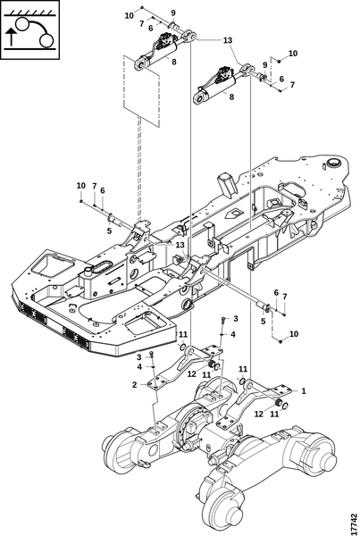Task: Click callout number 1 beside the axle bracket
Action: pyautogui.click(x=303, y=390)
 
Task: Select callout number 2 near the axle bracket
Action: pyautogui.click(x=134, y=385)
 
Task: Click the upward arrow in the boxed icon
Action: pyautogui.click(x=12, y=37)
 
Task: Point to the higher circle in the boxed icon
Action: pyautogui.click(x=21, y=25)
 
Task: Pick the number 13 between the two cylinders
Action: pyautogui.click(x=228, y=40)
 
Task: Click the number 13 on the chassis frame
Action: pyautogui.click(x=180, y=245)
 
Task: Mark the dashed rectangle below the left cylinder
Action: pyautogui.click(x=141, y=91)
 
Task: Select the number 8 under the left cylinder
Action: pyautogui.click(x=174, y=63)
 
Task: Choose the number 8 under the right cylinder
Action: pyautogui.click(x=231, y=96)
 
